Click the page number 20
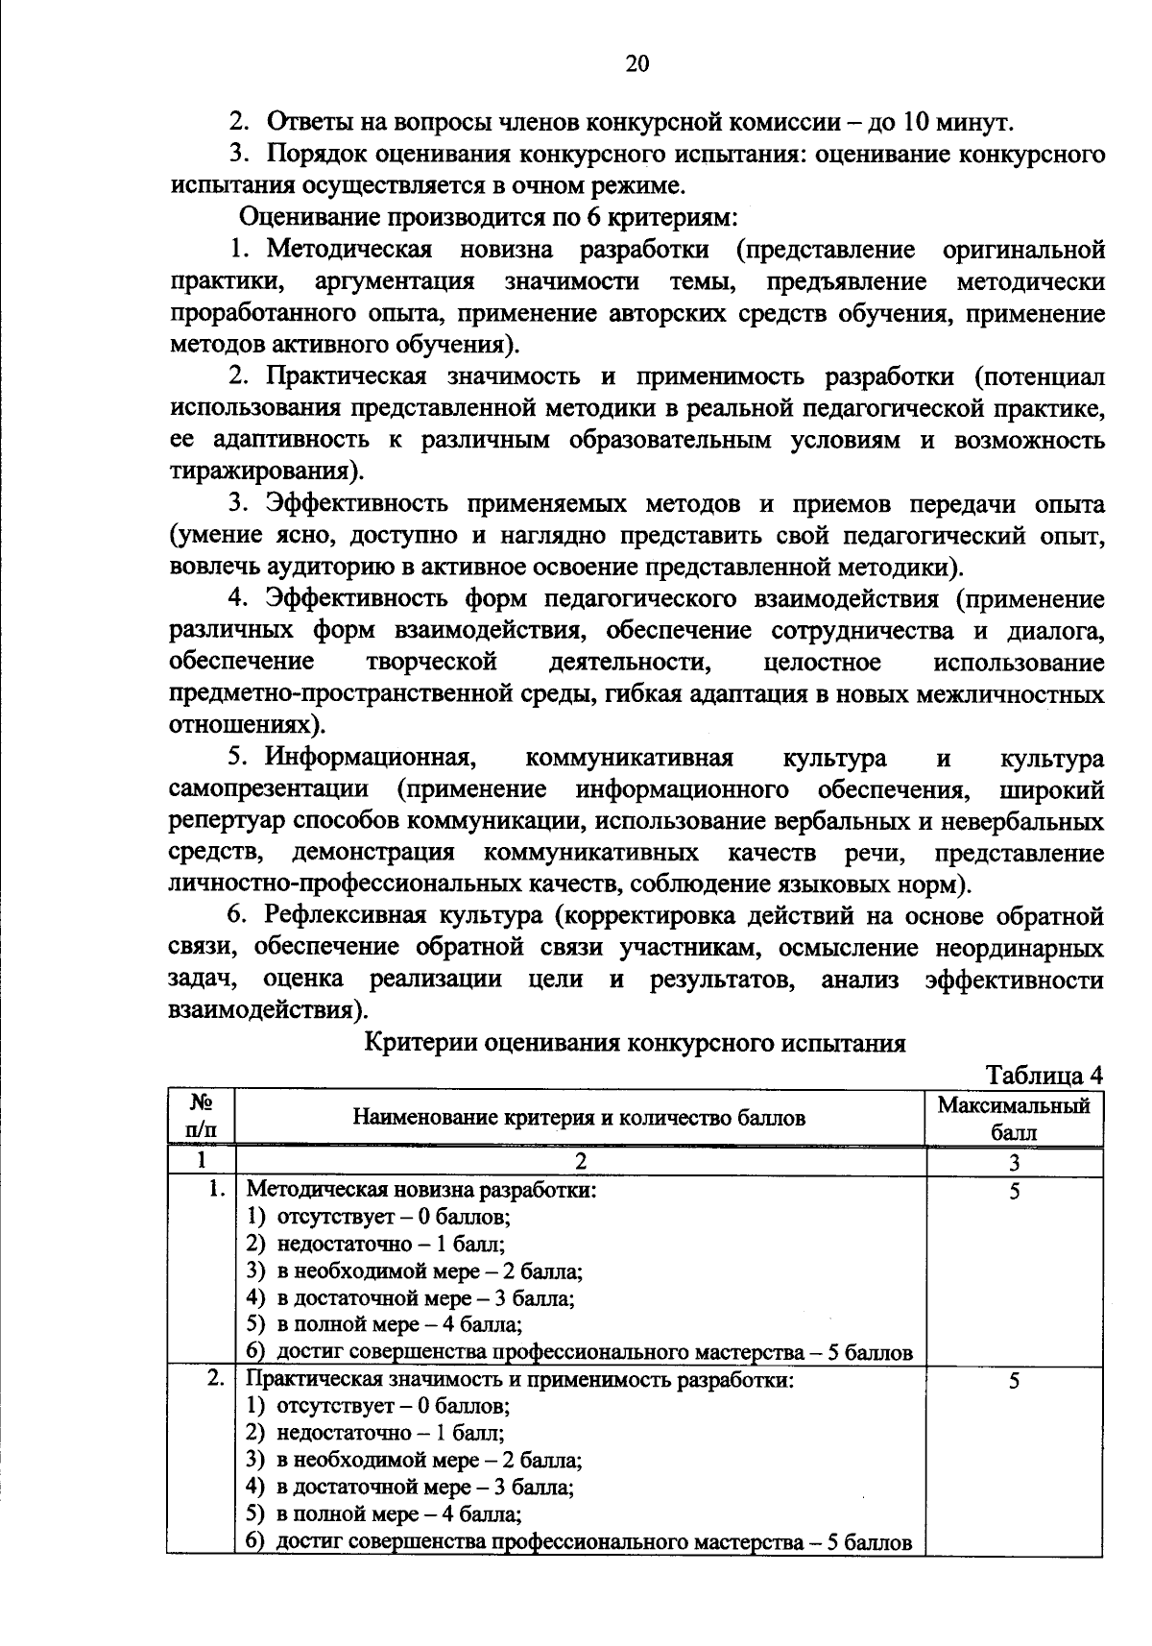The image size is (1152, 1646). tap(636, 64)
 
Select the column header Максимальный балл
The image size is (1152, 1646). tap(1014, 1118)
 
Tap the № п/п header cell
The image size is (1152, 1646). tap(201, 1117)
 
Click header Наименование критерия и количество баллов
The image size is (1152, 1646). tap(580, 1118)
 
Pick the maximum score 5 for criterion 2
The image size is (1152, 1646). tap(1014, 1381)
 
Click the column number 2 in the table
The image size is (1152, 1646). tap(580, 1163)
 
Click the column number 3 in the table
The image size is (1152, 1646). tap(1014, 1163)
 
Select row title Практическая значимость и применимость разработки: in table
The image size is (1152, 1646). tap(521, 1381)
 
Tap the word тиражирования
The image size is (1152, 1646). tap(265, 472)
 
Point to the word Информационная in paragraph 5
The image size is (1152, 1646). tap(372, 759)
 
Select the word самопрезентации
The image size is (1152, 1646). tap(270, 790)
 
